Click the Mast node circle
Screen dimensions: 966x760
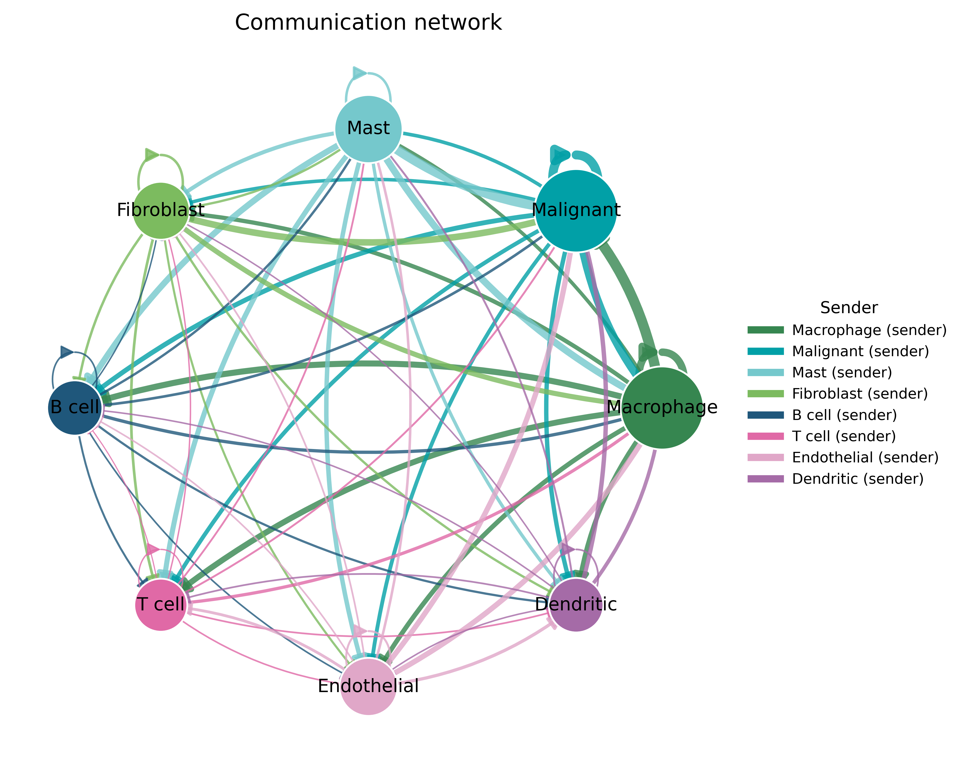click(368, 129)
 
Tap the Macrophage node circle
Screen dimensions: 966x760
click(662, 408)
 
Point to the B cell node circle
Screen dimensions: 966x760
click(75, 408)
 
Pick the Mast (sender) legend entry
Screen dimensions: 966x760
click(820, 372)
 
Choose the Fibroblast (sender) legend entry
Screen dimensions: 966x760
click(837, 394)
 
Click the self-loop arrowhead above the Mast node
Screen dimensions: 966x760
click(360, 73)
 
